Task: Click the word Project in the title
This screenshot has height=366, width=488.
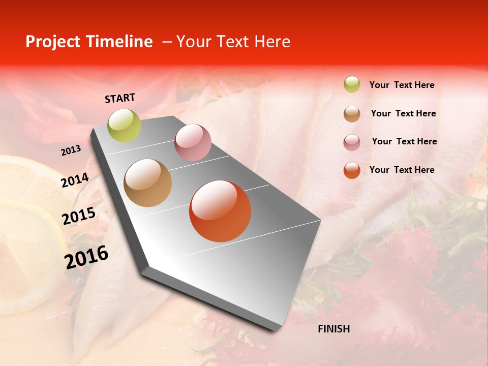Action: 53,42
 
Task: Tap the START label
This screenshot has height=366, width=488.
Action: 120,98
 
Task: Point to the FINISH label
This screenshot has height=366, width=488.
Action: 334,329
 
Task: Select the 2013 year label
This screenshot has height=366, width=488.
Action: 71,150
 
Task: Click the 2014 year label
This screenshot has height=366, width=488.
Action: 75,180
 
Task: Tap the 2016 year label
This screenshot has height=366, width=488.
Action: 86,257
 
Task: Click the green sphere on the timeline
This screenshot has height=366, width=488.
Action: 124,125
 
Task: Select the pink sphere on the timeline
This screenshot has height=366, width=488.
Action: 193,142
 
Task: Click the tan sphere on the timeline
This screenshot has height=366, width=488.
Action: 147,183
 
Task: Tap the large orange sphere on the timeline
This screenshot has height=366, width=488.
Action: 220,211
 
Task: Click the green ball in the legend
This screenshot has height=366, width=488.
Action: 352,84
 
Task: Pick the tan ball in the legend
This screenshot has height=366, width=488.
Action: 352,114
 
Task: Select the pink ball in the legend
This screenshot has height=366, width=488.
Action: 352,142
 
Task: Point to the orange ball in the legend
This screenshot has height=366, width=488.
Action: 352,170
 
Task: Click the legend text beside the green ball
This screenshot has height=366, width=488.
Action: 402,85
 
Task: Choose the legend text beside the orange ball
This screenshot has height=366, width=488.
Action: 402,170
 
